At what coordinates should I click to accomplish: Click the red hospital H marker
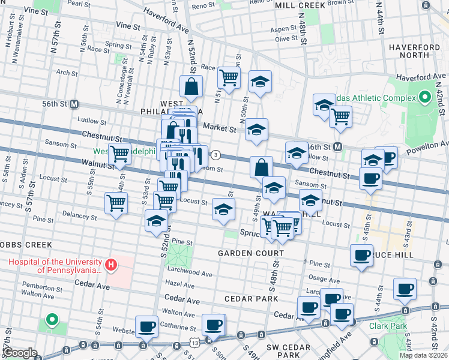point(110,264)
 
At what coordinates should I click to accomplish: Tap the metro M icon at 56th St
point(74,104)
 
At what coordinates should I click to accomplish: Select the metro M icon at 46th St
point(338,146)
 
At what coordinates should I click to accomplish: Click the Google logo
point(20,353)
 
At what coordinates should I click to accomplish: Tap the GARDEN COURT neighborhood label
point(250,253)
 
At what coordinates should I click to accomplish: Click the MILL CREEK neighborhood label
point(299,5)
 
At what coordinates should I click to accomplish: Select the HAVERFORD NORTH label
point(414,52)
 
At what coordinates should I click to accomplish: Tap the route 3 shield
point(215,155)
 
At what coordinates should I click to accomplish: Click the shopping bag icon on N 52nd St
point(190,87)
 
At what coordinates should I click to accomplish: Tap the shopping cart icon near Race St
point(229,77)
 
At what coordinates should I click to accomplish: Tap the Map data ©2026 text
point(424,355)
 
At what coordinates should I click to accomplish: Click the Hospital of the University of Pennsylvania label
point(54,265)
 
